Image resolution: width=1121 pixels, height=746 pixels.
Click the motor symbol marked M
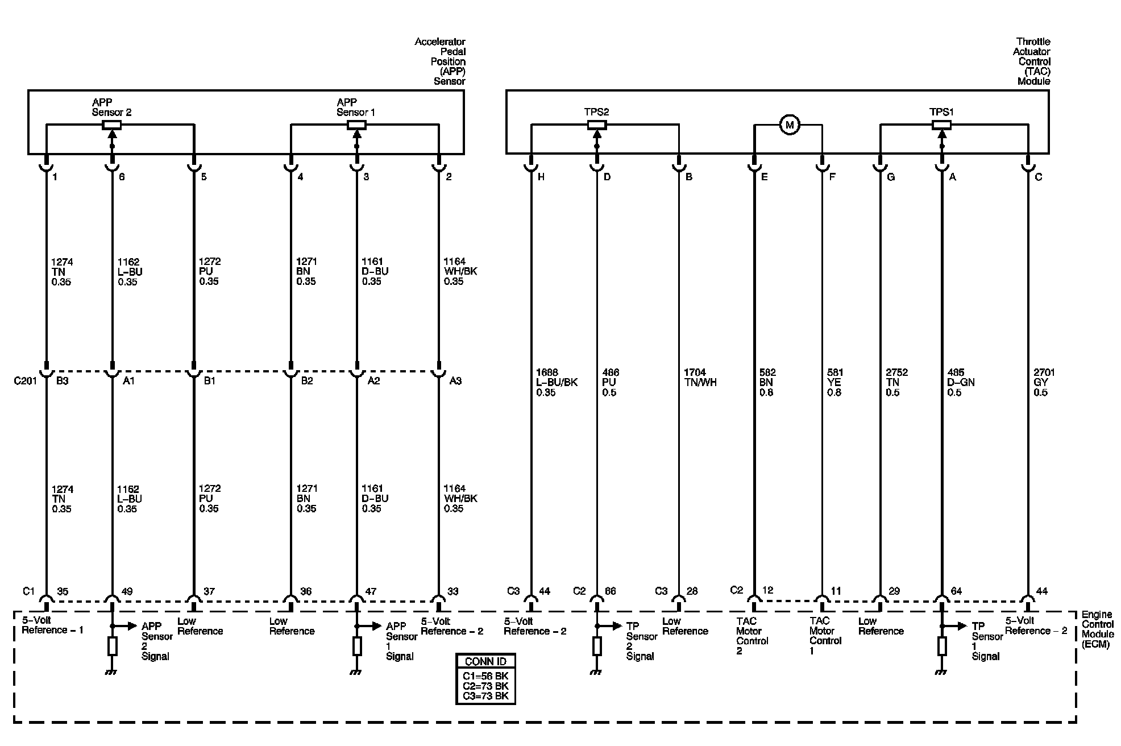[789, 125]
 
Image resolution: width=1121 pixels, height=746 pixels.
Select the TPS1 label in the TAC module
[941, 112]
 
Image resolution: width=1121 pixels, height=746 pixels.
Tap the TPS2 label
[596, 112]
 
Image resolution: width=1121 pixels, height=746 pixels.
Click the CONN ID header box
[485, 661]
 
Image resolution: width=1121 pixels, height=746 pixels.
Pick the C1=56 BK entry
[485, 676]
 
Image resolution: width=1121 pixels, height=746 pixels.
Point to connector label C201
[25, 380]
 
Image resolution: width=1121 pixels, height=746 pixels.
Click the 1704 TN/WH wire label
[700, 378]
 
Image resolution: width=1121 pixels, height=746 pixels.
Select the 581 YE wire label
[834, 382]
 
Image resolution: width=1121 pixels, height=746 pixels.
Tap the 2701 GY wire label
[1044, 382]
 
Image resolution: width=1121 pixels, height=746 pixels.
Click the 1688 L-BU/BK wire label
[557, 382]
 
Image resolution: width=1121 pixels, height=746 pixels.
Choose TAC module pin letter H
[541, 177]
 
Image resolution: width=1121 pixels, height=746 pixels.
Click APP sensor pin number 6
[122, 177]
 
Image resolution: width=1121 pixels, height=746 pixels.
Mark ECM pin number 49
[127, 591]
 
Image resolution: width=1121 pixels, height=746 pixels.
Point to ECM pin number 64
[956, 591]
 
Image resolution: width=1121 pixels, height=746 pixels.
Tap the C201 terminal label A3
[455, 381]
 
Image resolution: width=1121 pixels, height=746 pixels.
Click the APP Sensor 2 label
[111, 107]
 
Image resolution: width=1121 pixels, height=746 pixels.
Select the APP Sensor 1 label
[356, 107]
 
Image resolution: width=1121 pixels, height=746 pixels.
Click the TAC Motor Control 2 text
[752, 636]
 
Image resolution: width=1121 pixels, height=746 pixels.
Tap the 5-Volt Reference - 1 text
[52, 625]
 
